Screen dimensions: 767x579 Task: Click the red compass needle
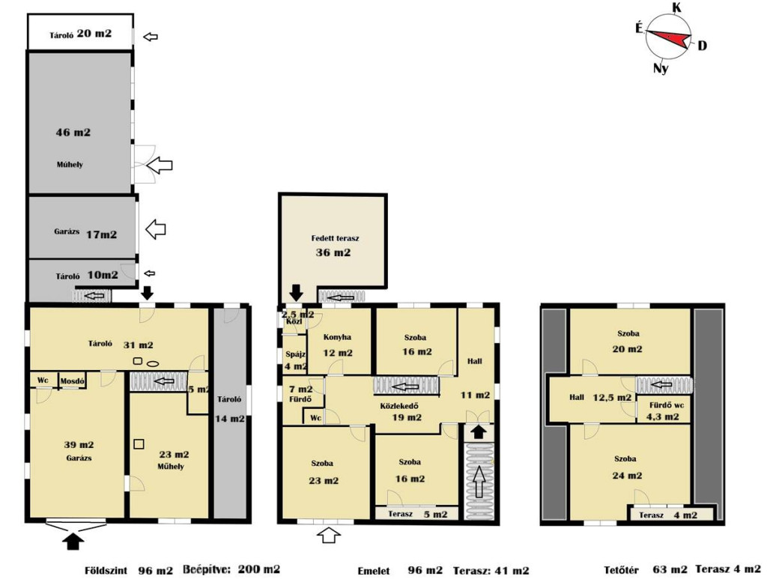(670, 38)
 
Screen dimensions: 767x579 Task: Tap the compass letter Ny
(661, 68)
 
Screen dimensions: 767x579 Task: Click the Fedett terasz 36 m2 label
(335, 246)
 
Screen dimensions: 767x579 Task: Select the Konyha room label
(337, 337)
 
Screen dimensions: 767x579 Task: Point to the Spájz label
(295, 354)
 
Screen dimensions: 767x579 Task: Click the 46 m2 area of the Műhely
(73, 132)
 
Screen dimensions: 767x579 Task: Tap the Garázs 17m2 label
(85, 234)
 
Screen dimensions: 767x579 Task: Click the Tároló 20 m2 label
(80, 34)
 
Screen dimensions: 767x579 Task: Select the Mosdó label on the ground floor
(73, 381)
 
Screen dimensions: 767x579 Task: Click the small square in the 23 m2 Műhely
(139, 444)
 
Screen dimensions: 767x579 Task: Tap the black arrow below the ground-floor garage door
(73, 541)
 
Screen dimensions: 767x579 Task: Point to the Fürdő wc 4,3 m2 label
(666, 410)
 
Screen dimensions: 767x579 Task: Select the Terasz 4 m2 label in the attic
(667, 515)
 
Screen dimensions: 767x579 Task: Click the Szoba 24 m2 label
(627, 467)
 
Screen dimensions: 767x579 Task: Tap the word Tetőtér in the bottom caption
(621, 570)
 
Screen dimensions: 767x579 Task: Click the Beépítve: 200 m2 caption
(231, 569)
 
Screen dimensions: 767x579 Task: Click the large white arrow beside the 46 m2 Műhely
(160, 165)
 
